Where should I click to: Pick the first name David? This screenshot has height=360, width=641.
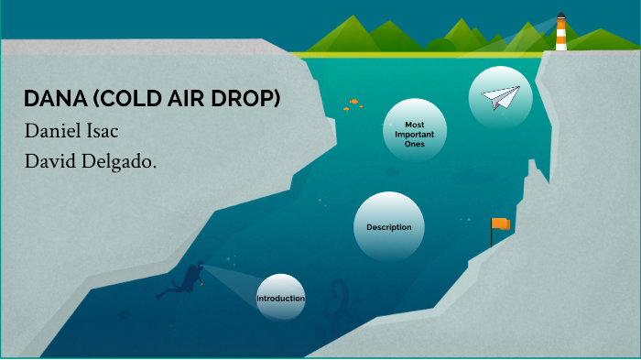click(x=53, y=163)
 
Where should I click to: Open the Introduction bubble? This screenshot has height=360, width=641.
click(x=280, y=299)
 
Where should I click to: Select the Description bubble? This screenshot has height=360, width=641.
click(x=389, y=227)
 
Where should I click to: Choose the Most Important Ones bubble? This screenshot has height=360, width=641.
click(x=415, y=134)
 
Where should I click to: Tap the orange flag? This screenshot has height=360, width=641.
click(x=501, y=224)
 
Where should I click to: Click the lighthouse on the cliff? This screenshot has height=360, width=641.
click(x=560, y=31)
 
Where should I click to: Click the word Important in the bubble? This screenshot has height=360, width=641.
click(x=415, y=134)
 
